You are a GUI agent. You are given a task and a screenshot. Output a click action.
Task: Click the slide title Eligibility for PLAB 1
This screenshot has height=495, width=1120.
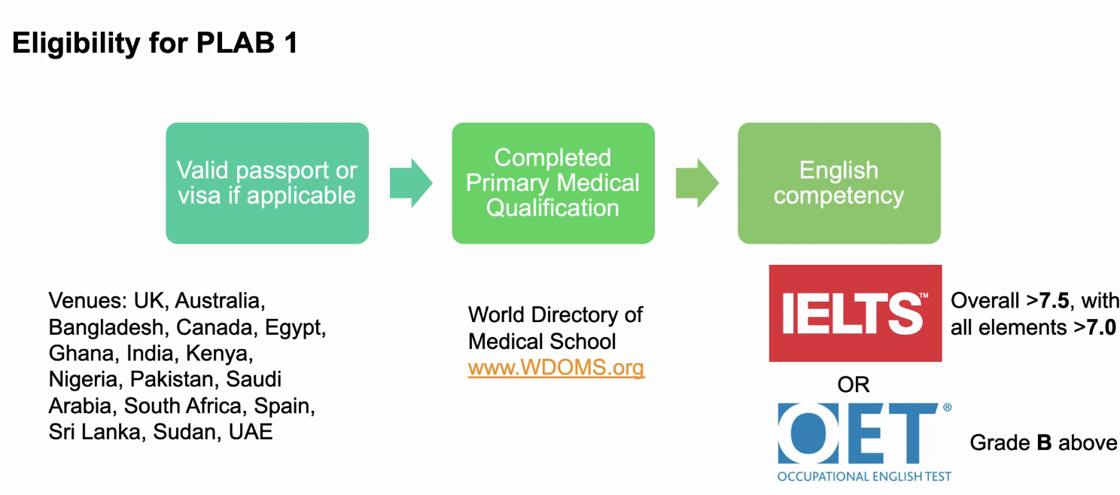pyautogui.click(x=155, y=43)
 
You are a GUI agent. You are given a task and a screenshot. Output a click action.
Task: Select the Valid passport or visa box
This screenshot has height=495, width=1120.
pyautogui.click(x=267, y=184)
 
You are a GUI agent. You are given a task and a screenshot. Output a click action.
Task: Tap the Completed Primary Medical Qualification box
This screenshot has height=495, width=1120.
pyautogui.click(x=553, y=184)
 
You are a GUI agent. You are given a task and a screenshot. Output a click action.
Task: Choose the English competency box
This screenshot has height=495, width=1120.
pyautogui.click(x=839, y=184)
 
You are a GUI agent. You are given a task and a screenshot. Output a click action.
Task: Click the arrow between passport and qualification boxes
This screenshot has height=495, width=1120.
pyautogui.click(x=411, y=184)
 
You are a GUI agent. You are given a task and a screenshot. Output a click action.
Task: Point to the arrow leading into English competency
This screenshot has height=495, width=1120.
pyautogui.click(x=697, y=184)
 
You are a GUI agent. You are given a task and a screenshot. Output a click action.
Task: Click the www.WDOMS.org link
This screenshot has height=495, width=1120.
pyautogui.click(x=556, y=368)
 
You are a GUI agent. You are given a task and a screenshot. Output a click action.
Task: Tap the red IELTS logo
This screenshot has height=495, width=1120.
pyautogui.click(x=856, y=313)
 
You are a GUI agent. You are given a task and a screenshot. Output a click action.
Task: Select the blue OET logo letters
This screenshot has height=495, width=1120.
pyautogui.click(x=857, y=433)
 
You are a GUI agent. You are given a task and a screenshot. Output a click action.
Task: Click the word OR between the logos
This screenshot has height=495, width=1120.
pyautogui.click(x=854, y=384)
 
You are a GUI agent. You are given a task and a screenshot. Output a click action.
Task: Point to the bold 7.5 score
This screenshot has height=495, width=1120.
pyautogui.click(x=1054, y=301)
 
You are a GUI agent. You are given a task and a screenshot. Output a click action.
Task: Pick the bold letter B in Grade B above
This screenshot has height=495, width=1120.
pyautogui.click(x=1045, y=442)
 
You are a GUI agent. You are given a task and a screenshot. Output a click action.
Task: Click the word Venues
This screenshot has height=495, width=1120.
pyautogui.click(x=88, y=301)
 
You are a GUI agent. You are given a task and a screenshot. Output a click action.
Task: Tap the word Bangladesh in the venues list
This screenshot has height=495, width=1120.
pyautogui.click(x=106, y=327)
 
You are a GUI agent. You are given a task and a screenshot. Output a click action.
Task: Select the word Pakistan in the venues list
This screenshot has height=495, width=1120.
pyautogui.click(x=175, y=379)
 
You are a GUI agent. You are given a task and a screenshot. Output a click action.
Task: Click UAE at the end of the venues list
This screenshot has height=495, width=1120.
pyautogui.click(x=251, y=432)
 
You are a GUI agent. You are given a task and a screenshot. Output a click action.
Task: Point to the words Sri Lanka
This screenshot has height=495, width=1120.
pyautogui.click(x=95, y=432)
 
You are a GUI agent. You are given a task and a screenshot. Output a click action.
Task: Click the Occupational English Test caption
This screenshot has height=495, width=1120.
pyautogui.click(x=865, y=476)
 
